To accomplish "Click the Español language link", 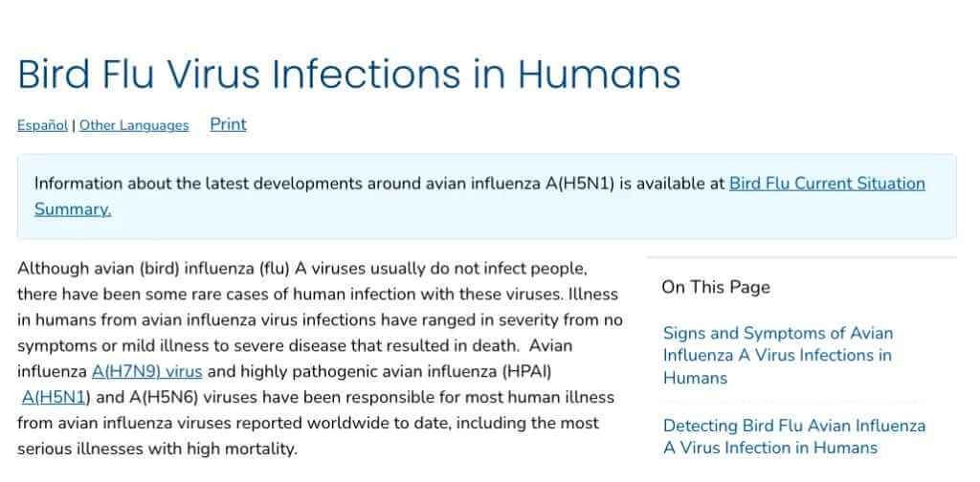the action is point(42,125).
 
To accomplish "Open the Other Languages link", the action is point(134,125).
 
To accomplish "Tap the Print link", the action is point(228,124).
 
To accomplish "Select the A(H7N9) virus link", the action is point(146,371).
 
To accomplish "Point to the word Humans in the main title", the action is point(599,74).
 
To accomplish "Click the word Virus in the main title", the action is point(213,74).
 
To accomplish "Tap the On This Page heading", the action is point(716,287).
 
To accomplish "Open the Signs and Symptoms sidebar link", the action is point(778,355).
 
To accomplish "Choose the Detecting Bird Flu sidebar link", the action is point(794,436).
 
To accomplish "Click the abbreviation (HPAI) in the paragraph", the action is point(527,371).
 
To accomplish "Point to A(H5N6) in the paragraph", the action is point(164,397).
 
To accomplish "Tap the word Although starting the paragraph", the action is point(54,269).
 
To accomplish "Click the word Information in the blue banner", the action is point(78,184).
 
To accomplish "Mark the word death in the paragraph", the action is point(498,345).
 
